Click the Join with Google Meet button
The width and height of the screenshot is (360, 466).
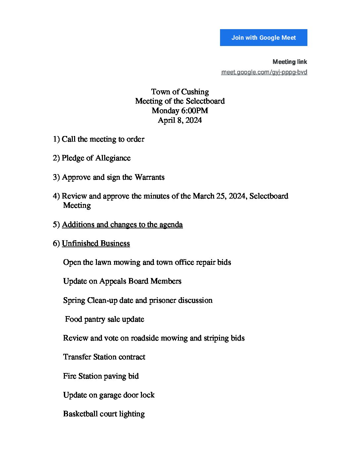pyautogui.click(x=263, y=37)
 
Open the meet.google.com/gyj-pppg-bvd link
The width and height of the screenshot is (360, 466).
pyautogui.click(x=264, y=72)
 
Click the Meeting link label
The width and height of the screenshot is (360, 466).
pyautogui.click(x=290, y=62)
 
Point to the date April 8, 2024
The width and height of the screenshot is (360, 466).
pyautogui.click(x=180, y=120)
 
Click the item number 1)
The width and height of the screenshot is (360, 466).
pyautogui.click(x=56, y=139)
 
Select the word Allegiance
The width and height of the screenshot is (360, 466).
pyautogui.click(x=113, y=158)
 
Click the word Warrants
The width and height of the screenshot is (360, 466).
pyautogui.click(x=150, y=177)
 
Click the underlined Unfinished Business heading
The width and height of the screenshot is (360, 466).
pyautogui.click(x=96, y=244)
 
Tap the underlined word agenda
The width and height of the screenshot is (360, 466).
pyautogui.click(x=171, y=225)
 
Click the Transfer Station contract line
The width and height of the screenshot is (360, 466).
pyautogui.click(x=104, y=357)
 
